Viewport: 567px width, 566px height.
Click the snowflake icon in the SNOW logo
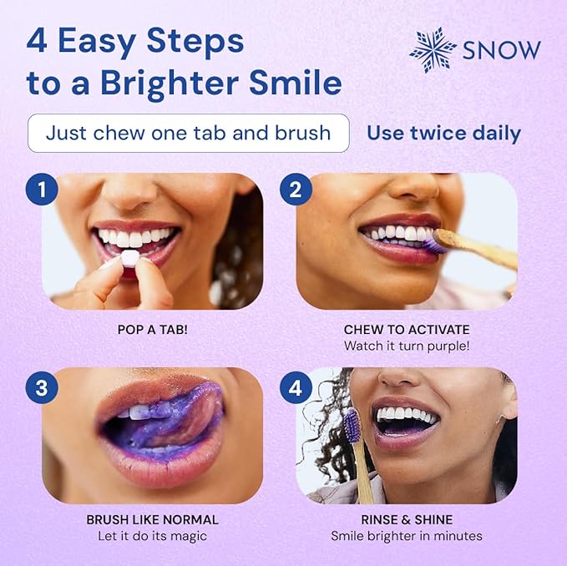433,50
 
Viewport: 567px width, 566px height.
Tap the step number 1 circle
41,189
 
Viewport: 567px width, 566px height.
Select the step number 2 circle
295,189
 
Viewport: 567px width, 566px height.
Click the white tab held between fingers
127,259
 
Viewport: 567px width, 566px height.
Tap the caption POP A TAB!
152,330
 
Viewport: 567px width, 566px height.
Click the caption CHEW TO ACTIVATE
406,330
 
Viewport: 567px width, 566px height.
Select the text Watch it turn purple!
406,346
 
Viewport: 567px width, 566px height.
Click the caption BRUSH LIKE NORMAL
152,519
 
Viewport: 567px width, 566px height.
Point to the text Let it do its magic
152,536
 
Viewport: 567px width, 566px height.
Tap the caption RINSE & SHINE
406,519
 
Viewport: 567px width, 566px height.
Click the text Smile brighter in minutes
406,536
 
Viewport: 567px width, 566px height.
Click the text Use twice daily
443,134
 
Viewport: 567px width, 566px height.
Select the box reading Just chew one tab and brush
188,134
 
